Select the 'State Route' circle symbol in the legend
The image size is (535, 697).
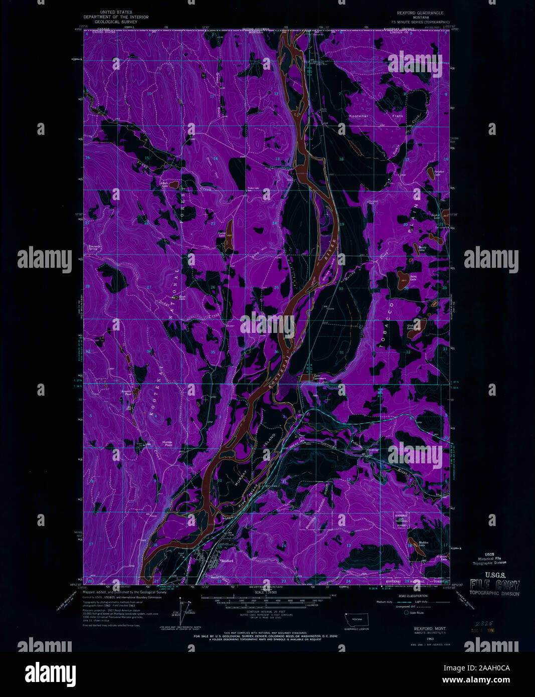point(406,612)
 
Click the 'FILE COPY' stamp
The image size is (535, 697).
point(494,585)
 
